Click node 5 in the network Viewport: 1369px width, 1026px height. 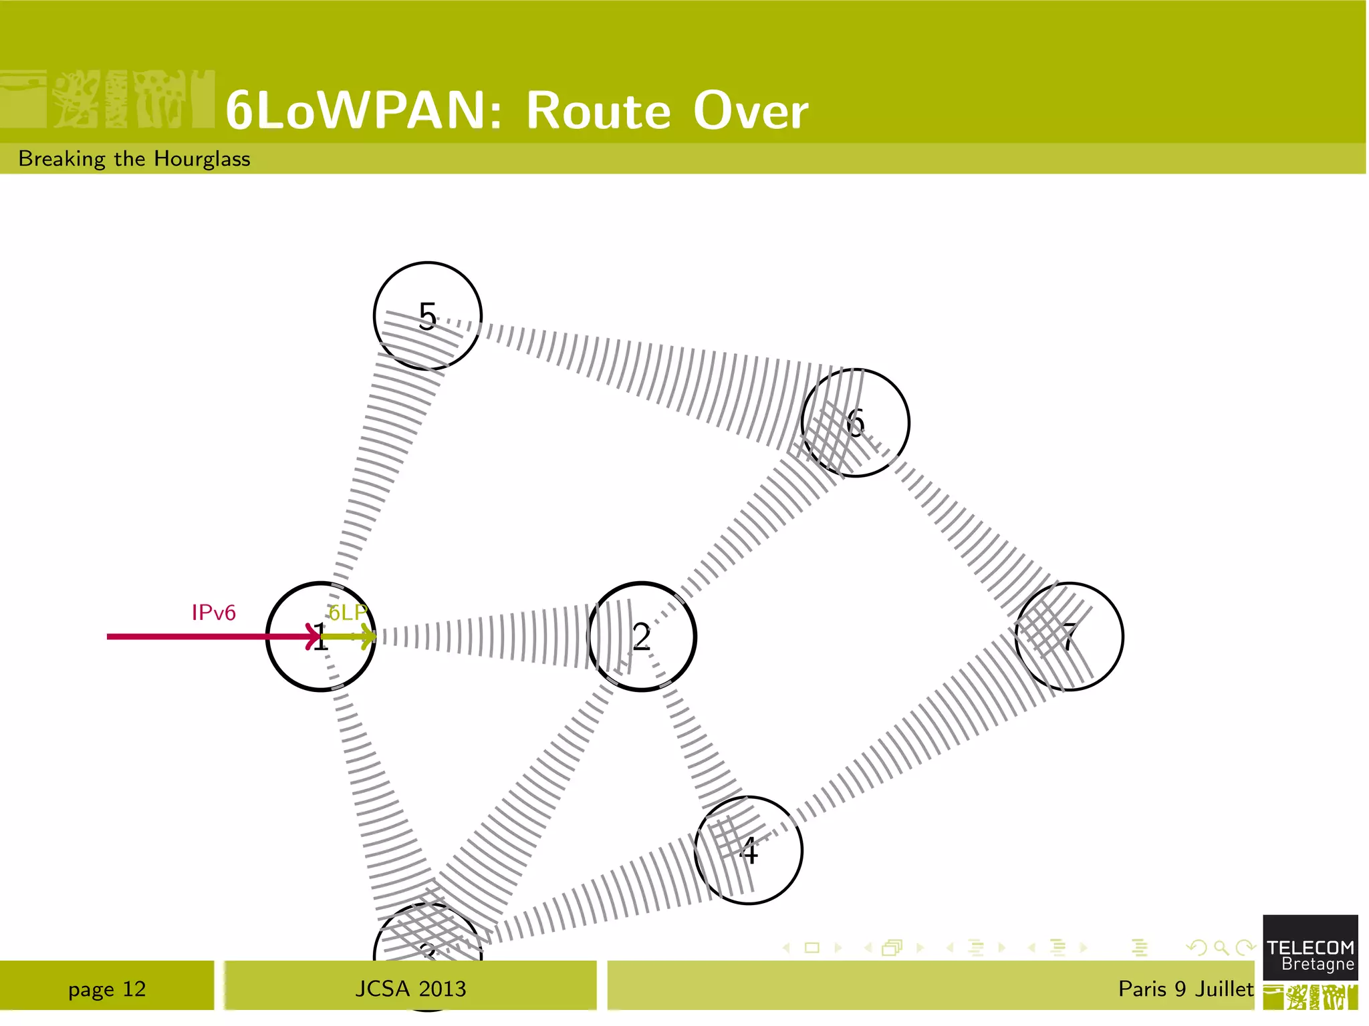tap(427, 316)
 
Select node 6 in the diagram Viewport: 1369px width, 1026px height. tap(855, 423)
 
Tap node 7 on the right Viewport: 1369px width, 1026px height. tap(1069, 637)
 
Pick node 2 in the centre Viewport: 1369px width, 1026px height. tap(641, 637)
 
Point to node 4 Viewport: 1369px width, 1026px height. tap(748, 850)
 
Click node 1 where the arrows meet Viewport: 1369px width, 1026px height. tap(321, 637)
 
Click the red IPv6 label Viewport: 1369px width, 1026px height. tap(213, 613)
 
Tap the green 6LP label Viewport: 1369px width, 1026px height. tap(348, 613)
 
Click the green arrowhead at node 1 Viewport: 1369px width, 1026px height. tap(368, 637)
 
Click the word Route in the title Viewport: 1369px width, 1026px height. tap(598, 110)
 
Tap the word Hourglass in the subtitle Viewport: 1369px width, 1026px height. tap(202, 159)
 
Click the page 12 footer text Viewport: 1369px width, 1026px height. tap(107, 989)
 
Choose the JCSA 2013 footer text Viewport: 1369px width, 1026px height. tap(410, 989)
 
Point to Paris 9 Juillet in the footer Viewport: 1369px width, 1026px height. tap(1185, 989)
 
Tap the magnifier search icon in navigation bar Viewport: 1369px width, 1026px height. tap(1221, 947)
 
